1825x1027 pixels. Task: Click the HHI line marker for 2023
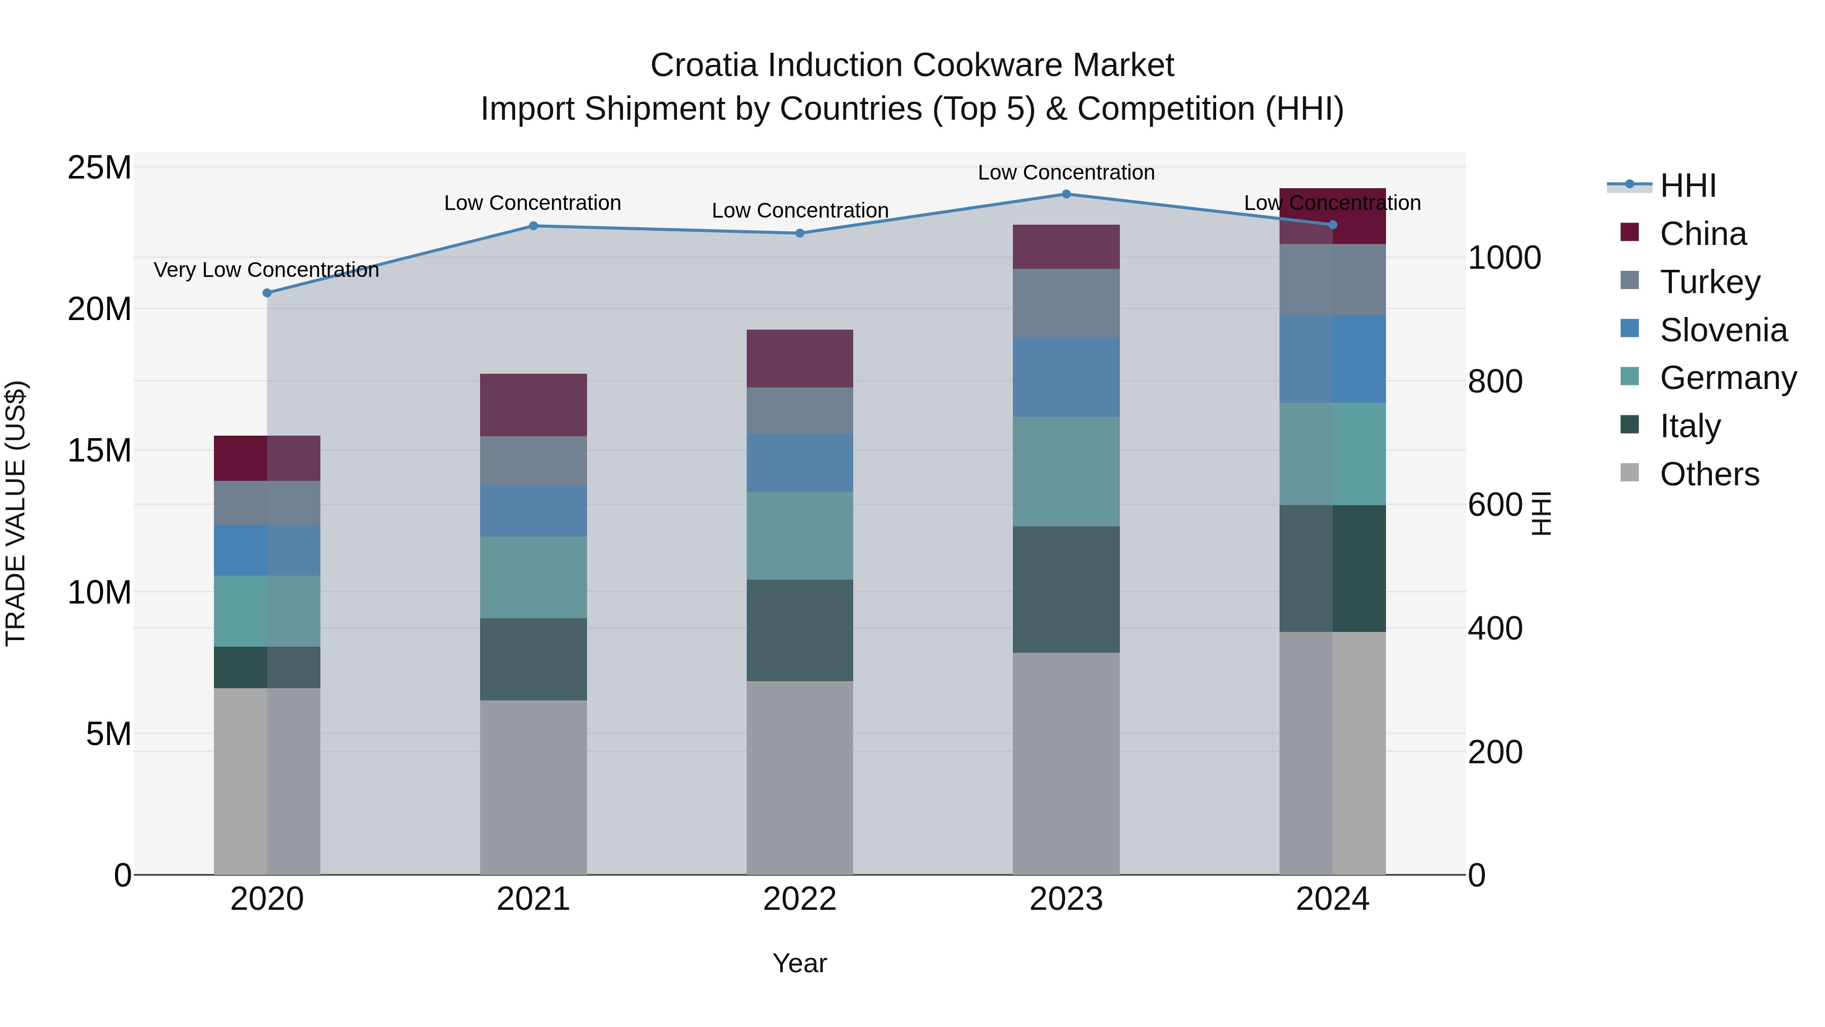(1066, 194)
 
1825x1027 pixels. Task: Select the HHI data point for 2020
(267, 293)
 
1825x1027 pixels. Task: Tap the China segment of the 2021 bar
(533, 405)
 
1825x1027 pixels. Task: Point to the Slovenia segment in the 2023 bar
(1066, 377)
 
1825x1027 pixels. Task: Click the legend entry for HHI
(1688, 186)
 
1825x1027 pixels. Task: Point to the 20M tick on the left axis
(99, 309)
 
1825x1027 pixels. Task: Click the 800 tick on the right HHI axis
(1495, 381)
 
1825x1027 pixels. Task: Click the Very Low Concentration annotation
(266, 270)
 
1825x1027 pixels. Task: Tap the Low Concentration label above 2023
(1066, 172)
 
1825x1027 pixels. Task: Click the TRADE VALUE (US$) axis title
(16, 513)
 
